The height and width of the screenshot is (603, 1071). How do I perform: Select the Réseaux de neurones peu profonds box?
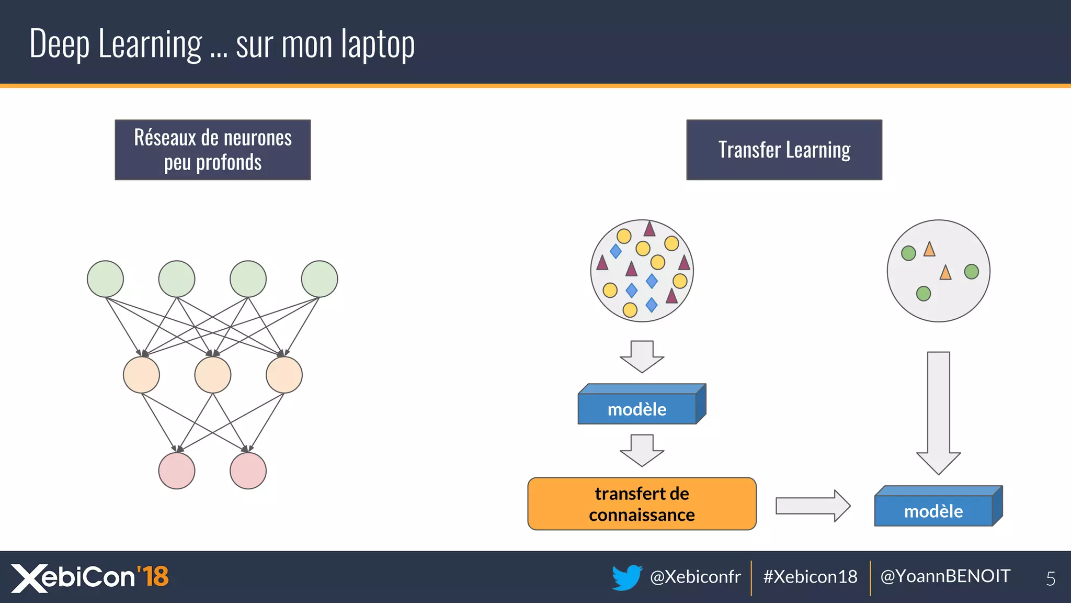(212, 150)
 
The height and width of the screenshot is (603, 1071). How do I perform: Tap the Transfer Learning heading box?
(784, 150)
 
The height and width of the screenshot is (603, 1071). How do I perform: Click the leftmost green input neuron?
(105, 279)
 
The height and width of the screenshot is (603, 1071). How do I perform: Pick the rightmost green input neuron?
(319, 279)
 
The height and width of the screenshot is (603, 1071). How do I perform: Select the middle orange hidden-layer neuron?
(212, 375)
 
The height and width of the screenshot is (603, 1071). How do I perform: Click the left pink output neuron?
(177, 471)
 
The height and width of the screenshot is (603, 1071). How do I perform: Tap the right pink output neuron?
(248, 471)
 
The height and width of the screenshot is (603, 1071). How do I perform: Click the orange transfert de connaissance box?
(642, 504)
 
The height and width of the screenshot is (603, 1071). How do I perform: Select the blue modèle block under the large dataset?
(637, 409)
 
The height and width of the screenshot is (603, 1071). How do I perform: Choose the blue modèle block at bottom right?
(933, 510)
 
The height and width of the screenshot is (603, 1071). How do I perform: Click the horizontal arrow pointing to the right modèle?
(813, 506)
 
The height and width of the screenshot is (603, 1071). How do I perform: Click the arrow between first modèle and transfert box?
(642, 450)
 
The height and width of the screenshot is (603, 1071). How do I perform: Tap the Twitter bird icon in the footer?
(626, 577)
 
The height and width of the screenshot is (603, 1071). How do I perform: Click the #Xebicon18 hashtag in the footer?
(810, 577)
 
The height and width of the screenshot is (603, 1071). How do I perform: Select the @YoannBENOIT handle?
(945, 576)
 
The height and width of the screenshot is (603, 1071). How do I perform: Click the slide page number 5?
(1050, 578)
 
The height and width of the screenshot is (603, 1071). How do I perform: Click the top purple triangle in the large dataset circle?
(650, 229)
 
